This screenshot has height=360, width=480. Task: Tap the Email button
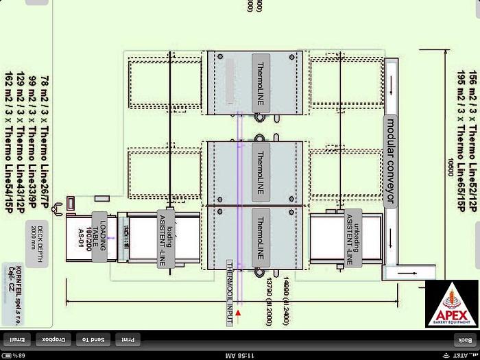19,339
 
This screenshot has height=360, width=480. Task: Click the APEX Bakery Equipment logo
451,303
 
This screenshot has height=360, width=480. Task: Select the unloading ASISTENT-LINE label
353,239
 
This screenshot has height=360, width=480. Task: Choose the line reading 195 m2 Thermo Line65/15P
462,130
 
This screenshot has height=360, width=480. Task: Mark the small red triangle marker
238,313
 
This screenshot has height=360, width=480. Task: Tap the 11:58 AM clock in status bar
241,355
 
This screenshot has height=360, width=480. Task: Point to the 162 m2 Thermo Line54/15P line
9,130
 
